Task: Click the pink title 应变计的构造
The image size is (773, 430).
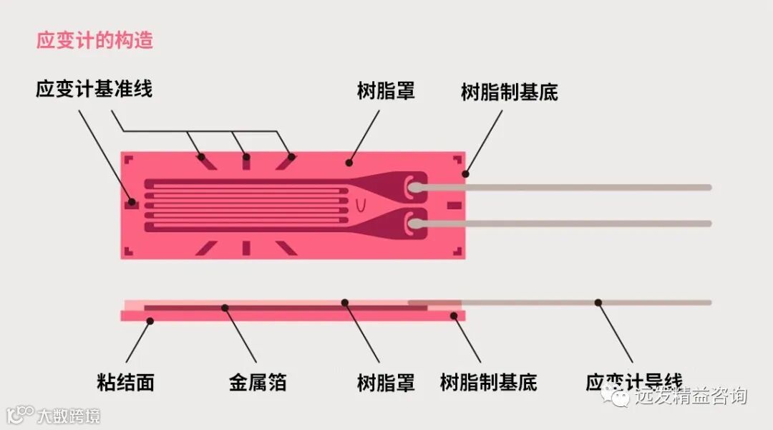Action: pyautogui.click(x=94, y=40)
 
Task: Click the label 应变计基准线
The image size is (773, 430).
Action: pyautogui.click(x=94, y=90)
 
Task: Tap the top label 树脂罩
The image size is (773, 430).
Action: pyautogui.click(x=386, y=91)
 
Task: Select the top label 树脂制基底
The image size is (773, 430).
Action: pyautogui.click(x=509, y=92)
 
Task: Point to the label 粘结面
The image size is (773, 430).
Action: pyautogui.click(x=125, y=382)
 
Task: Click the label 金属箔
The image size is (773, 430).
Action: pyautogui.click(x=258, y=382)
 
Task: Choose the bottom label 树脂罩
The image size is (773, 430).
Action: pyautogui.click(x=386, y=382)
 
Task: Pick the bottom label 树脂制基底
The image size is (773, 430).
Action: pyautogui.click(x=488, y=382)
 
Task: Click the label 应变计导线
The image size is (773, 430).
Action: pyautogui.click(x=633, y=382)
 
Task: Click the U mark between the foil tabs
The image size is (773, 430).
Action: pyautogui.click(x=361, y=206)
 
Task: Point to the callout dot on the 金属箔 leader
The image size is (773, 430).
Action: pyautogui.click(x=225, y=308)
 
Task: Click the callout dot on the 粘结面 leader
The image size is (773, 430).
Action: pyautogui.click(x=150, y=322)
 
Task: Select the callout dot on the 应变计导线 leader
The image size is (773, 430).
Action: pyautogui.click(x=598, y=302)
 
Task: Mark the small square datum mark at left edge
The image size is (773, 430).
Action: pyautogui.click(x=131, y=204)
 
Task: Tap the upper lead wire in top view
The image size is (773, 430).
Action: pyautogui.click(x=573, y=188)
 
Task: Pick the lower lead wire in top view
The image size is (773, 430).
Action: pyautogui.click(x=573, y=224)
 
